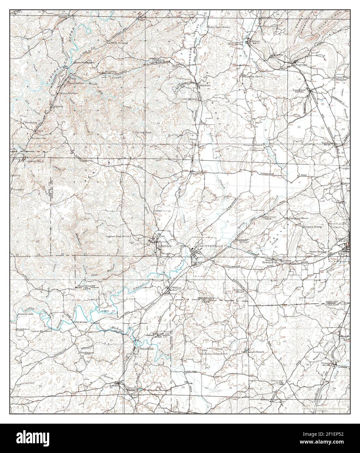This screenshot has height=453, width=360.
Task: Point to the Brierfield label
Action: tap(146, 349)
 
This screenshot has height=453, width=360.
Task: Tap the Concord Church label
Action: tap(255, 352)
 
